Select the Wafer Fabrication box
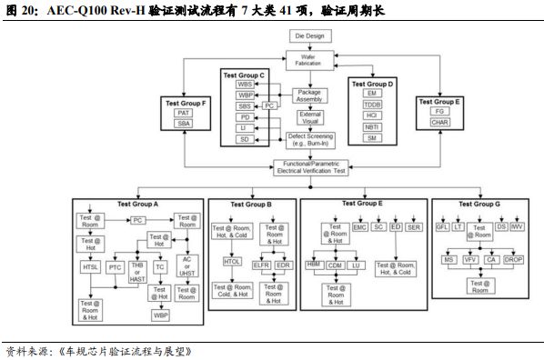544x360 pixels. (309, 60)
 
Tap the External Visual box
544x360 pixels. (309, 117)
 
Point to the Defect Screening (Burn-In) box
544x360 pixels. (309, 140)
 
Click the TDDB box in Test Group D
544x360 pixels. (370, 106)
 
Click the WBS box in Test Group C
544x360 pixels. (245, 84)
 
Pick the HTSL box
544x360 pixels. (91, 267)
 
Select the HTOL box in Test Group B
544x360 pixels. (232, 262)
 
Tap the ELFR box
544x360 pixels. (261, 266)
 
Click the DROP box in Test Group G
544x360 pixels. (515, 260)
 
